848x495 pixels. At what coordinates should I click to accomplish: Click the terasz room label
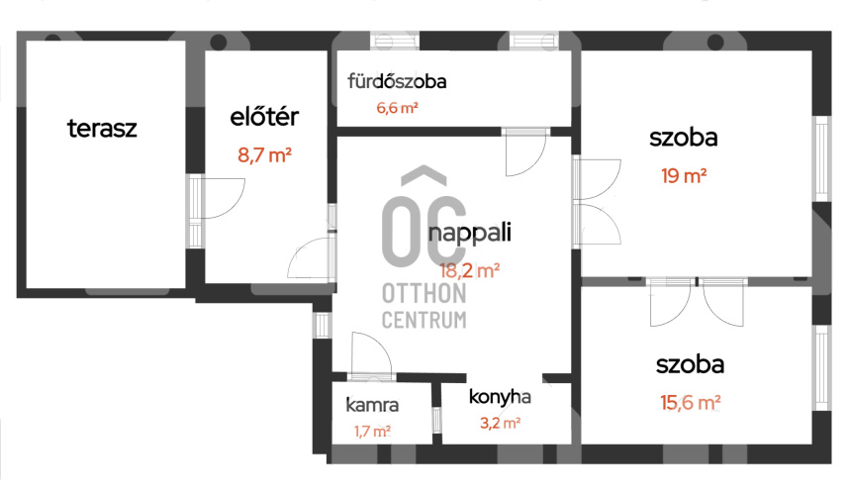[x=102, y=129]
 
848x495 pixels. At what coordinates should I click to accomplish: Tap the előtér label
[x=264, y=116]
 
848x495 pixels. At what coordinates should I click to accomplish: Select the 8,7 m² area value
[x=264, y=155]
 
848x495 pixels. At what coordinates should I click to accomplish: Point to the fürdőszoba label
[x=397, y=81]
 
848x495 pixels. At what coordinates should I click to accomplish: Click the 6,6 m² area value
[x=397, y=108]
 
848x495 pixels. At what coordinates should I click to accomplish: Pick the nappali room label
[x=469, y=234]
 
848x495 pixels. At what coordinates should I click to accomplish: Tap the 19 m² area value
[x=684, y=176]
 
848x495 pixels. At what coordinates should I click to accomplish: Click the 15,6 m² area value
[x=690, y=403]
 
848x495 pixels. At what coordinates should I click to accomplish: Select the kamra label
[x=372, y=405]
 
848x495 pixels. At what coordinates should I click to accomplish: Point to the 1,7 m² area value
[x=372, y=432]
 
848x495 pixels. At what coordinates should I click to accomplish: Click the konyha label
[x=500, y=397]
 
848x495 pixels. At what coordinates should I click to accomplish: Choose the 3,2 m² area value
[x=501, y=423]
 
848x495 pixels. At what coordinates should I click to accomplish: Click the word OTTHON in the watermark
[x=424, y=294]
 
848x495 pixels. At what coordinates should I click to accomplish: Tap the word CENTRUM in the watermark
[x=424, y=320]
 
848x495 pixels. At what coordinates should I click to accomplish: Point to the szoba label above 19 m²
[x=684, y=138]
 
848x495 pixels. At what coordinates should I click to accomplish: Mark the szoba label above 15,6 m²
[x=690, y=364]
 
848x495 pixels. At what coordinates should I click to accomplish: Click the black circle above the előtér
[x=219, y=43]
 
